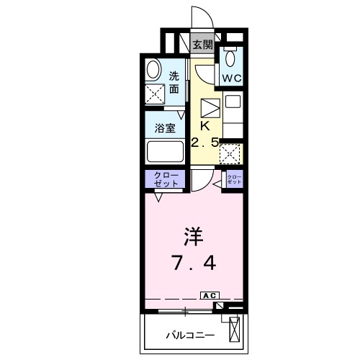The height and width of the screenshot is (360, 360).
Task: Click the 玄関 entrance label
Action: tap(203, 45)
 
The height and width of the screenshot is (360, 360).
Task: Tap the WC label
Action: tap(232, 78)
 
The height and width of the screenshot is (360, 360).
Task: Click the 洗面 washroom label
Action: tap(174, 83)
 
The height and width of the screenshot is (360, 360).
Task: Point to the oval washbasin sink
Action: tap(153, 70)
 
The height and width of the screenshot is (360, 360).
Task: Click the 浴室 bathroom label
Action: tap(165, 128)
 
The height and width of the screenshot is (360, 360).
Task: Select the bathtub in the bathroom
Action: tap(166, 151)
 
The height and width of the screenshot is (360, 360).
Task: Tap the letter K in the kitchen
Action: tap(205, 126)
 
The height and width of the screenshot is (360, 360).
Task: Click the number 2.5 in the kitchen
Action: tap(205, 143)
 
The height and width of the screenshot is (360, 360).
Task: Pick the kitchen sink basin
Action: tap(233, 102)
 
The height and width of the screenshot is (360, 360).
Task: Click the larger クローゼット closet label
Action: tap(166, 179)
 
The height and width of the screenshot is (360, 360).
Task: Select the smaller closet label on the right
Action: tap(234, 179)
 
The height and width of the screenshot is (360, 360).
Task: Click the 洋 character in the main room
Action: tap(194, 236)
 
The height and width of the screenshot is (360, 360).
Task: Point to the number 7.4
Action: tap(194, 263)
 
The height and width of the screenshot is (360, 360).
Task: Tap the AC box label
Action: tap(210, 296)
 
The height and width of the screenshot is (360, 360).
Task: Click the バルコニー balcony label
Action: tap(190, 336)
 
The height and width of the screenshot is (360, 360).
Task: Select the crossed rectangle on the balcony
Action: tap(234, 329)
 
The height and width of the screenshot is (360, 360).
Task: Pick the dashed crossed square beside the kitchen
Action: tap(230, 154)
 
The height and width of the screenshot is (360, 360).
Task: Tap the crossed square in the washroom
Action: tap(155, 94)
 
